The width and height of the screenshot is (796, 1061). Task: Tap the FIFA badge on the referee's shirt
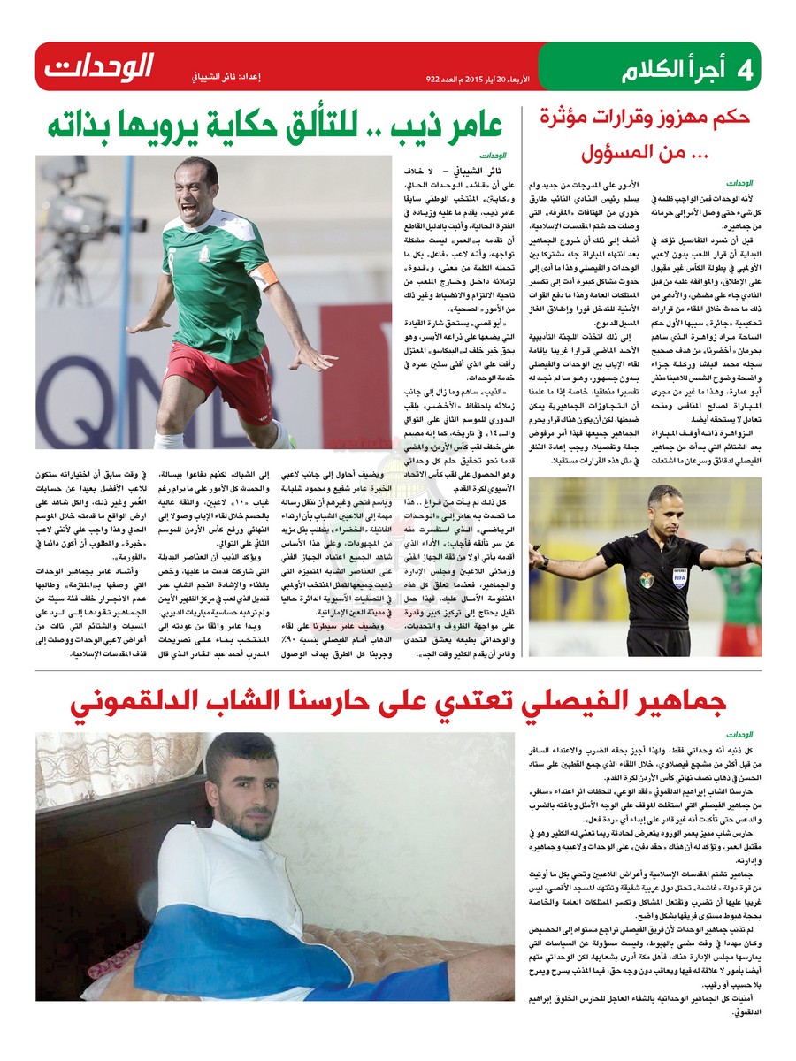coord(678,572)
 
